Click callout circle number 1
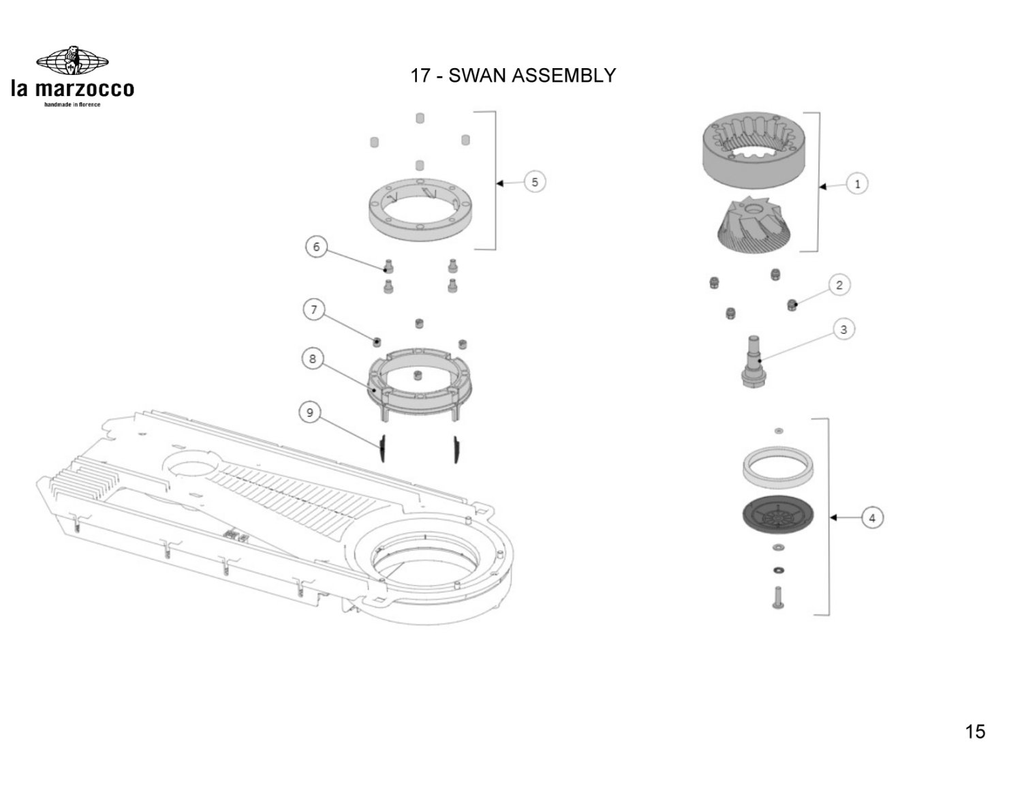pyautogui.click(x=857, y=184)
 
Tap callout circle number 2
pyautogui.click(x=839, y=285)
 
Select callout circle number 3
pyautogui.click(x=843, y=330)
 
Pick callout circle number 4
pyautogui.click(x=872, y=518)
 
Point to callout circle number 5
pyautogui.click(x=535, y=182)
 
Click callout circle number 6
pyautogui.click(x=316, y=247)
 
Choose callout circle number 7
pyautogui.click(x=313, y=310)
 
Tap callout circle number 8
pyautogui.click(x=312, y=359)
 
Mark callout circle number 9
pyautogui.click(x=310, y=412)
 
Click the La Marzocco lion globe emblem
pyautogui.click(x=72, y=61)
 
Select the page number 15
pyautogui.click(x=975, y=731)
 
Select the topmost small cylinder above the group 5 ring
pyautogui.click(x=420, y=117)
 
